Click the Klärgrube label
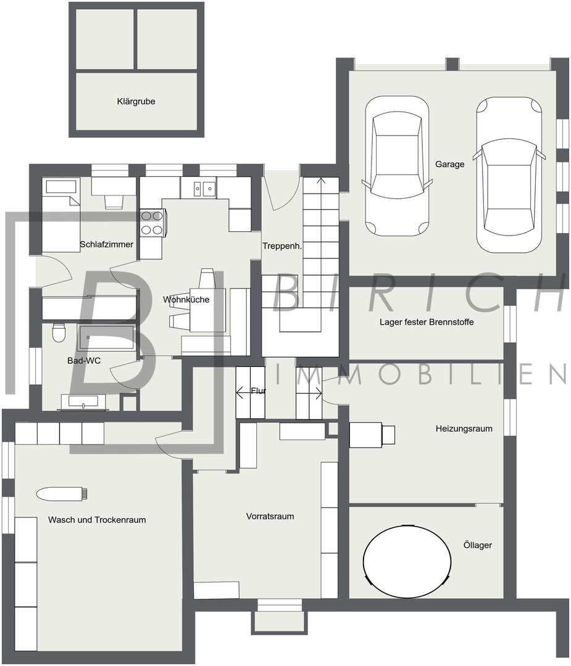click(x=136, y=102)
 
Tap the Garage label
click(x=449, y=164)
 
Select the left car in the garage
click(x=397, y=166)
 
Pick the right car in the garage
click(x=509, y=175)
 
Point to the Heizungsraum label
click(x=464, y=429)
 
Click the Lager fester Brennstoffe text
click(x=427, y=322)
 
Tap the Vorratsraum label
click(x=270, y=517)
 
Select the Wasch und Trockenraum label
click(x=97, y=520)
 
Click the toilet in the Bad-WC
click(x=58, y=333)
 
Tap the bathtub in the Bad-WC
click(x=106, y=338)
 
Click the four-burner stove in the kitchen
click(x=152, y=223)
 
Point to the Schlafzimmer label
click(x=107, y=244)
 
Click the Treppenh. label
click(x=282, y=246)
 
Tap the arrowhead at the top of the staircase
click(x=321, y=180)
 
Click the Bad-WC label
click(x=84, y=361)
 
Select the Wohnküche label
click(x=186, y=300)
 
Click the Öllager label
click(x=477, y=545)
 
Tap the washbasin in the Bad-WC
click(x=83, y=402)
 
